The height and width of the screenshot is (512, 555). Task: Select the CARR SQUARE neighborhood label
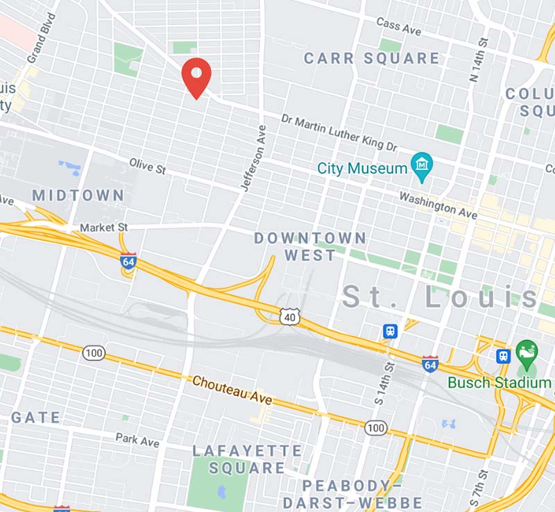(372, 58)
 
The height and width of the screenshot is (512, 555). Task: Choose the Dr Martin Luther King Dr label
(339, 132)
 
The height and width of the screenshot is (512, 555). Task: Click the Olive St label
(148, 166)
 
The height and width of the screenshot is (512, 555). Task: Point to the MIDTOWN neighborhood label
(78, 196)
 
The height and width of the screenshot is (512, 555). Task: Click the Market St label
(104, 228)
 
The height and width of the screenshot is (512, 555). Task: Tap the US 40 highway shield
(289, 318)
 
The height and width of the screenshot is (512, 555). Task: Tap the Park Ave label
(137, 440)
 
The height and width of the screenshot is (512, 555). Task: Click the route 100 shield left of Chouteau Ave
(94, 353)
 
